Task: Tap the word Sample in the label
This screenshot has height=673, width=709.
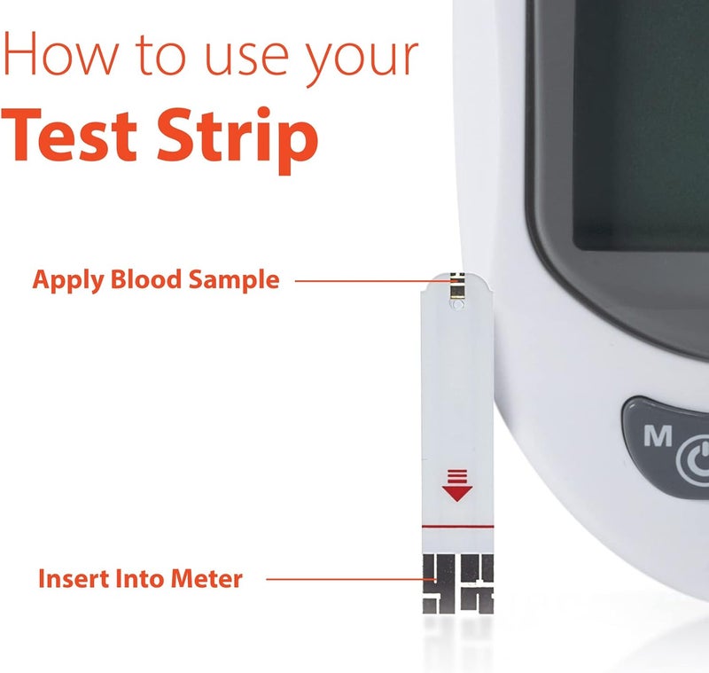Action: (x=234, y=281)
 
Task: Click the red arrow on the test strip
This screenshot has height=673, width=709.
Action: (x=456, y=487)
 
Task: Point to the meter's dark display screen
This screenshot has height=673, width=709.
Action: (x=638, y=133)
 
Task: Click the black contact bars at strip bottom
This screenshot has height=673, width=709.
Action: (x=457, y=585)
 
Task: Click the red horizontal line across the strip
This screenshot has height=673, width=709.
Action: (x=457, y=527)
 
